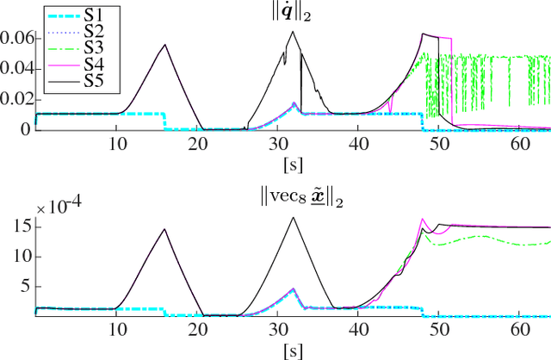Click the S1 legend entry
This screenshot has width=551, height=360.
coord(73,15)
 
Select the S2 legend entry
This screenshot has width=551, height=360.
coord(73,29)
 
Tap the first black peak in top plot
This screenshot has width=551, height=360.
coord(164,45)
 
